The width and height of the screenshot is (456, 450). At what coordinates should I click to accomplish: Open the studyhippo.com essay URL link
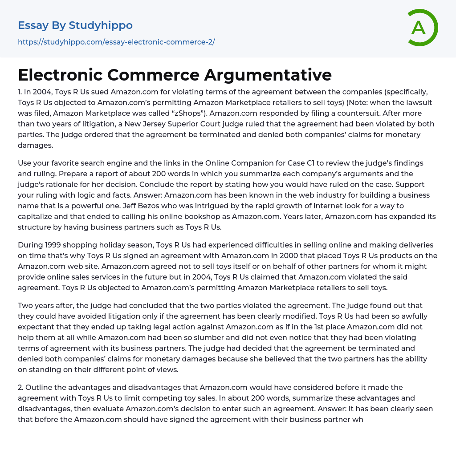pos(116,42)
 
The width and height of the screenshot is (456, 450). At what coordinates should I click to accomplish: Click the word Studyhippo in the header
pos(101,25)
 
